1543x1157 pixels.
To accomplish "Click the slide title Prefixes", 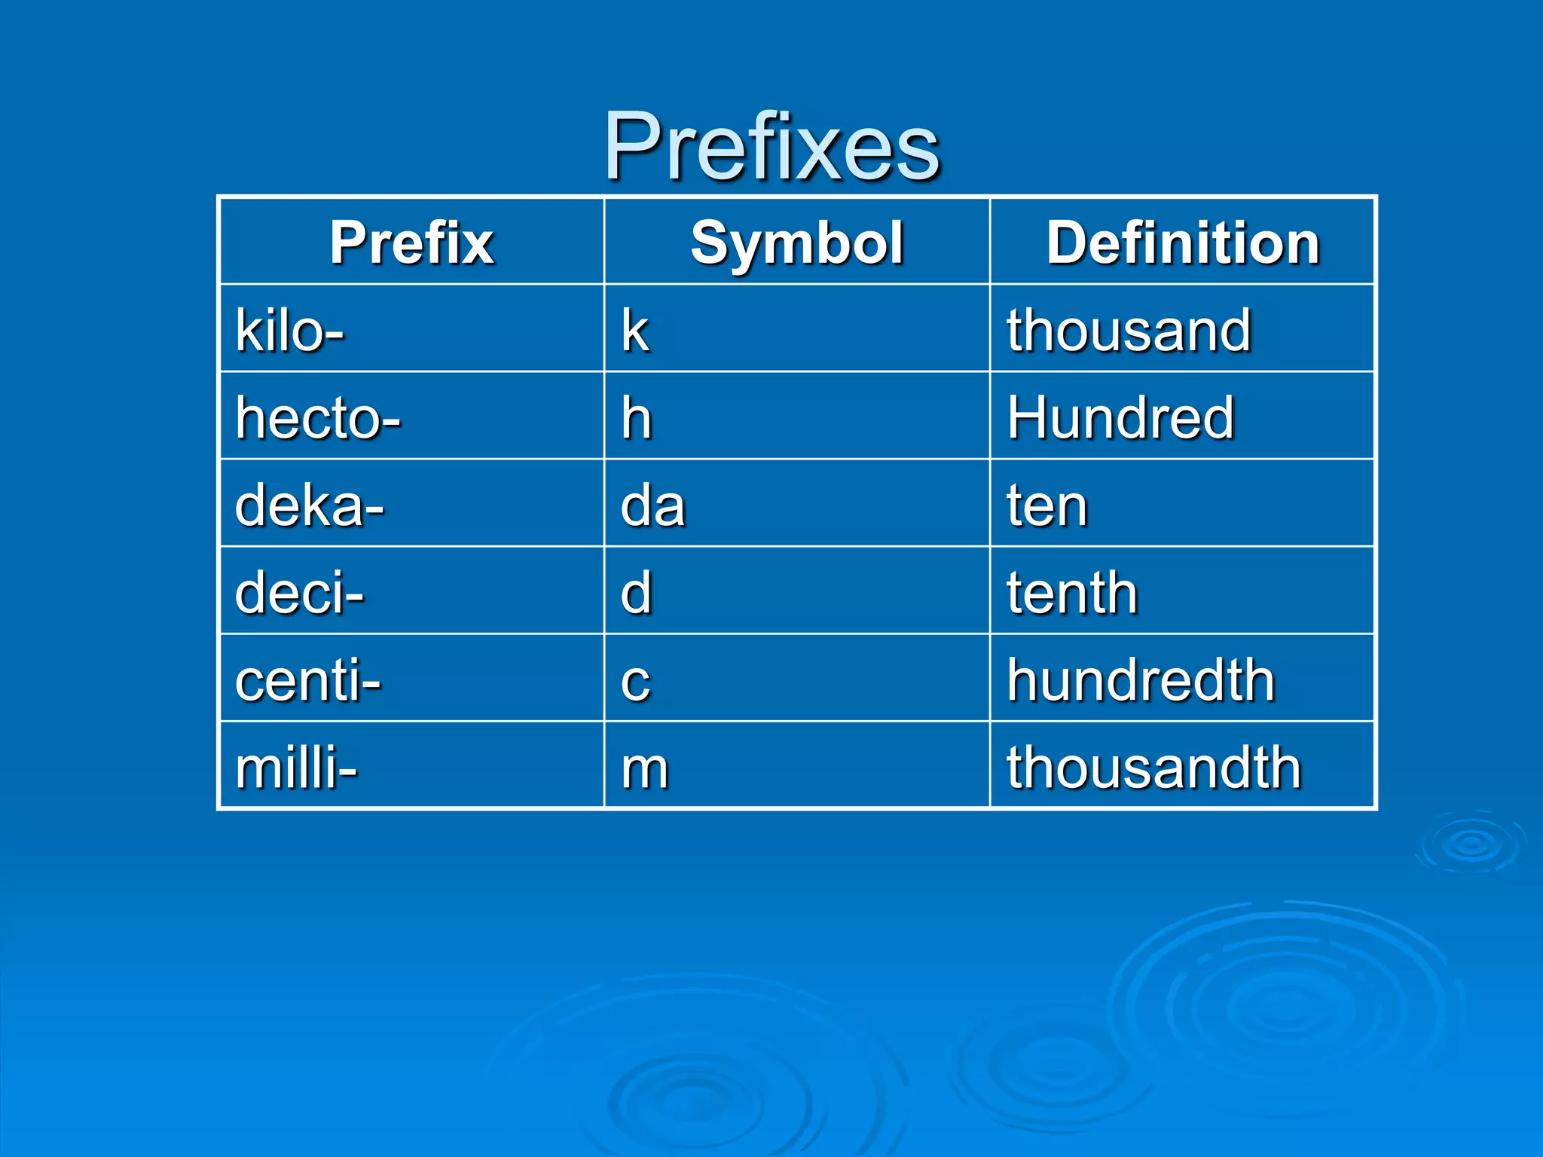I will pos(771,146).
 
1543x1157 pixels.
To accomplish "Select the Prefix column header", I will pos(411,243).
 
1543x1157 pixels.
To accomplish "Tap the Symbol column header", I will pos(797,243).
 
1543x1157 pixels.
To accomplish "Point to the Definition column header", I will pos(1183,243).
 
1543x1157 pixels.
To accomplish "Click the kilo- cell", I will pos(290,331).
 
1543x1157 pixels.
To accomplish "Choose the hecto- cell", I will pos(318,418).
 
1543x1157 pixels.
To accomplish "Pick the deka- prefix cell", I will pos(310,505).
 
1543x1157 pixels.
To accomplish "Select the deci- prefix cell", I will pos(300,593).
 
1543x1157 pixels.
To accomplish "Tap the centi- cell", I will pos(308,680).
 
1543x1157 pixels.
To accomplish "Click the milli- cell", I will pos(296,768).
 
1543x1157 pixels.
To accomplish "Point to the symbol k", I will pos(635,331).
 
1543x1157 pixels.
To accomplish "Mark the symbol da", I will pos(652,505).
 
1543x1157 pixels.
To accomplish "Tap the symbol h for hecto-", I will pos(636,418).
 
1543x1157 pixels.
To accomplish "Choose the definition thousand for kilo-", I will pos(1129,331).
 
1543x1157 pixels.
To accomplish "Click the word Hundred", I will pos(1121,418).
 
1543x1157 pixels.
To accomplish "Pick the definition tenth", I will pos(1072,593).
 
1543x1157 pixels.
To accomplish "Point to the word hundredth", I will pos(1141,680).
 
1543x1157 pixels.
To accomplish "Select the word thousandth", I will pos(1154,768).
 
